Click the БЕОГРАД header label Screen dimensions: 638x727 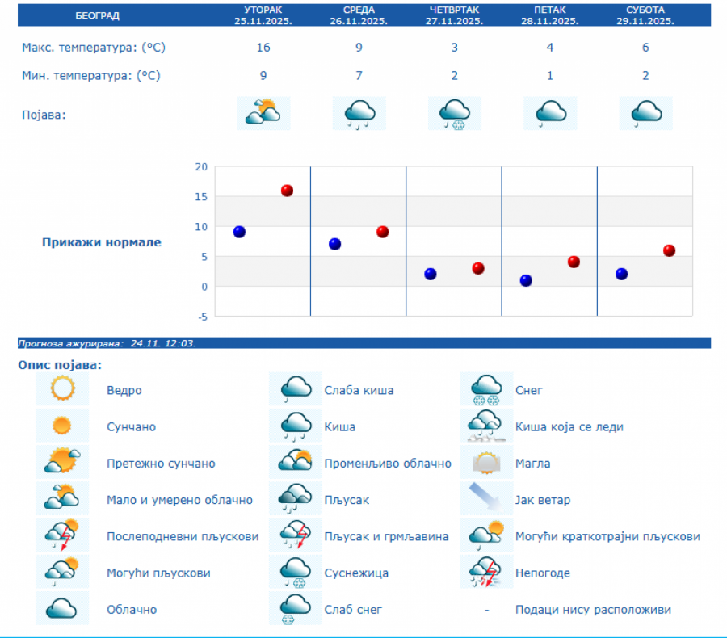click(97, 15)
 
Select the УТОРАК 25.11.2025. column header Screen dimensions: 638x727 click(263, 15)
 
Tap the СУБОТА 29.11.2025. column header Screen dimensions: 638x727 click(645, 15)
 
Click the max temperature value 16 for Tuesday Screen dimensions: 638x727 click(263, 48)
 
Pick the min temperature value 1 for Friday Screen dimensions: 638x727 click(550, 76)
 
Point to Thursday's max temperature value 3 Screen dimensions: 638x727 click(454, 48)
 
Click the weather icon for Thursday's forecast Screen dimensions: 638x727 click(454, 113)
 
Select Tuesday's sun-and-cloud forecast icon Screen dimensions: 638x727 click(263, 113)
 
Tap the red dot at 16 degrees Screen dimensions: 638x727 click(287, 191)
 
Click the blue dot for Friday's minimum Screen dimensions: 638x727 click(526, 280)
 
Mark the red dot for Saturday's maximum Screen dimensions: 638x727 click(669, 250)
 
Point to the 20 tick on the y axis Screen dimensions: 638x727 click(200, 167)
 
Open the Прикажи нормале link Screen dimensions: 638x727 click(102, 242)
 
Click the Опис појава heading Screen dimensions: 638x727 click(60, 365)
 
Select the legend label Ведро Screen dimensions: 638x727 click(124, 390)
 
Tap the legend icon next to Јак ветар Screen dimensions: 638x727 click(487, 500)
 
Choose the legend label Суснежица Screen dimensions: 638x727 click(356, 573)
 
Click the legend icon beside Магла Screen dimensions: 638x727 click(487, 464)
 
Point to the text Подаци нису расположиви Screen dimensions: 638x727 click(593, 610)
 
